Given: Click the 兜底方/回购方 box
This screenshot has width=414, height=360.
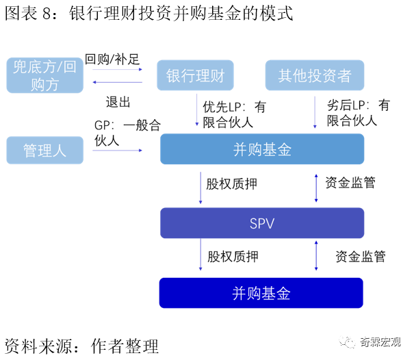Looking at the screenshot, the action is click(45, 75).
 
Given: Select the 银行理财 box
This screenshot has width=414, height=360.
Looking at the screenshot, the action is click(195, 75).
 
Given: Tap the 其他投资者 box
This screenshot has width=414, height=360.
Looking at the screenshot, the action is click(315, 75).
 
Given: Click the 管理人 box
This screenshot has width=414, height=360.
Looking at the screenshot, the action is click(45, 151).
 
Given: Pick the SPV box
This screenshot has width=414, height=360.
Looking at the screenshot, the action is click(262, 223).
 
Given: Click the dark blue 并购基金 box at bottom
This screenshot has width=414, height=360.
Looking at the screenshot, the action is click(261, 293).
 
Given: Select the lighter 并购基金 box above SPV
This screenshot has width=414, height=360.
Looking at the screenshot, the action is click(262, 149).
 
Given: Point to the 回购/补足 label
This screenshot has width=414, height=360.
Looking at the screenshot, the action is click(112, 59).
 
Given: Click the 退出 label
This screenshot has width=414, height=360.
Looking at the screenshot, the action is click(118, 102).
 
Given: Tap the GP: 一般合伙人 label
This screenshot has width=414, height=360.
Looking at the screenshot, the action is click(127, 133).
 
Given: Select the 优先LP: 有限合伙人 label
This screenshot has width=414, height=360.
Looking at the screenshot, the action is click(235, 114).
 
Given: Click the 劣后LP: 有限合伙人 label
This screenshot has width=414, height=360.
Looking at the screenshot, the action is click(359, 113).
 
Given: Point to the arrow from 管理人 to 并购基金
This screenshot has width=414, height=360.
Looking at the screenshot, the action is click(117, 151).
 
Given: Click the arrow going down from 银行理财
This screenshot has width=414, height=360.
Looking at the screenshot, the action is click(196, 110).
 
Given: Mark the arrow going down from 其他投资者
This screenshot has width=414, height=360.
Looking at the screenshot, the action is click(315, 112).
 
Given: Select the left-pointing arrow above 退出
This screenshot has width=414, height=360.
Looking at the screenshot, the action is click(117, 82).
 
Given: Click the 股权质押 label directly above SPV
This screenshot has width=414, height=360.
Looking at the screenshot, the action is click(231, 184).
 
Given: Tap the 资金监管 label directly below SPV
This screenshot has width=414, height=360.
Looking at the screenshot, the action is click(361, 257).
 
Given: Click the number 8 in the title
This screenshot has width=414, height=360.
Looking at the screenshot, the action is click(47, 14).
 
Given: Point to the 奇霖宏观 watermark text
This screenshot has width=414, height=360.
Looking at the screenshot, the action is click(380, 342).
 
